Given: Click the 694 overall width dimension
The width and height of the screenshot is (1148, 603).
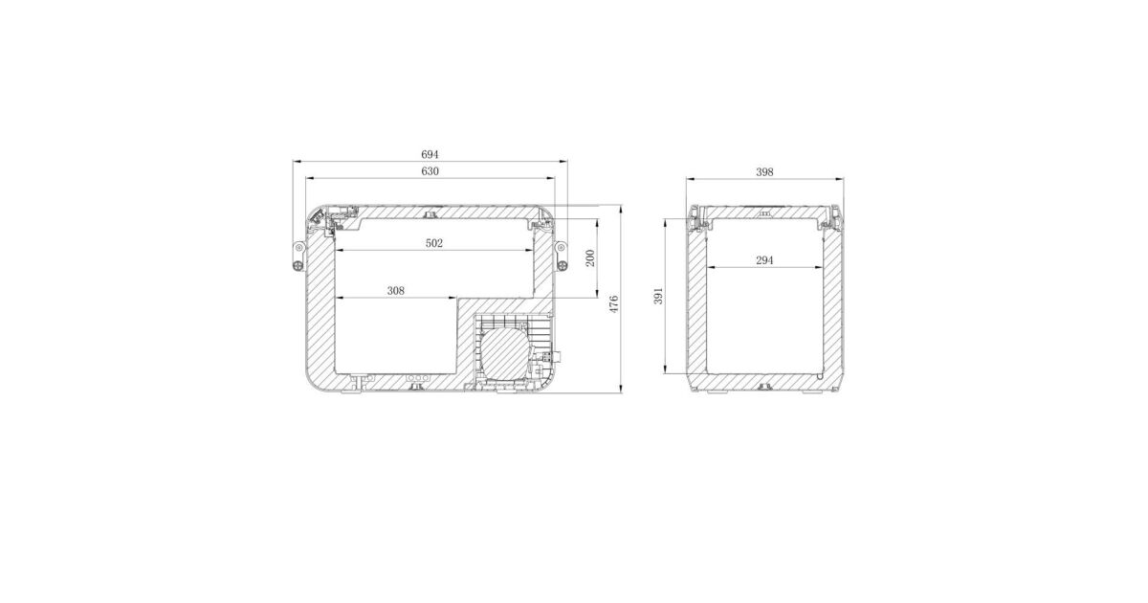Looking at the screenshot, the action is (430, 154).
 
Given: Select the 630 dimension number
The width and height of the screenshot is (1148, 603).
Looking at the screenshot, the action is (430, 171).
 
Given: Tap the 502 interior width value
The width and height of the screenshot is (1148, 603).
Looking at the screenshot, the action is (433, 243).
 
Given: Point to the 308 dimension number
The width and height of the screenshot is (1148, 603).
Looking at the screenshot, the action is (396, 291).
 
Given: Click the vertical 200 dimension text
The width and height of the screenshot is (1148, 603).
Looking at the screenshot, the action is (590, 257).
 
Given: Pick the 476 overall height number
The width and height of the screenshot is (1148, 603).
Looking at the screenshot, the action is (613, 304).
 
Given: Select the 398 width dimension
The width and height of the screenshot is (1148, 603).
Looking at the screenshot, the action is (764, 172).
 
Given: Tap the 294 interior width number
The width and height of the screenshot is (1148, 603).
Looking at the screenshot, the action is (764, 260).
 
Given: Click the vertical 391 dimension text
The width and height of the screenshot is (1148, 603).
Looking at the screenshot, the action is (658, 296).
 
